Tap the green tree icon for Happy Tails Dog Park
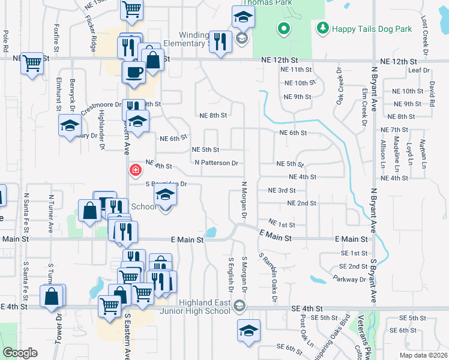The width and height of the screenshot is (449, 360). (x=323, y=28)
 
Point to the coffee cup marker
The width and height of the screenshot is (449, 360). (x=133, y=72)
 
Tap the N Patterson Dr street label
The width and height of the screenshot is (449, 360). (x=217, y=163)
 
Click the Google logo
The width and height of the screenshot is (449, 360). (x=20, y=353)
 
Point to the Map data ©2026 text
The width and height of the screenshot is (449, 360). (x=423, y=355)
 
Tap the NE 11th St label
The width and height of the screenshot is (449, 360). (x=296, y=70)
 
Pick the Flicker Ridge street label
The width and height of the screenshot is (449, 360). (x=93, y=36)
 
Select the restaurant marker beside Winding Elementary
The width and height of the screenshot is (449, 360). (x=220, y=41)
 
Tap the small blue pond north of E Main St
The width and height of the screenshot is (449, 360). (x=210, y=232)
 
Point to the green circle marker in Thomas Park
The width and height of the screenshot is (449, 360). (x=283, y=28)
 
